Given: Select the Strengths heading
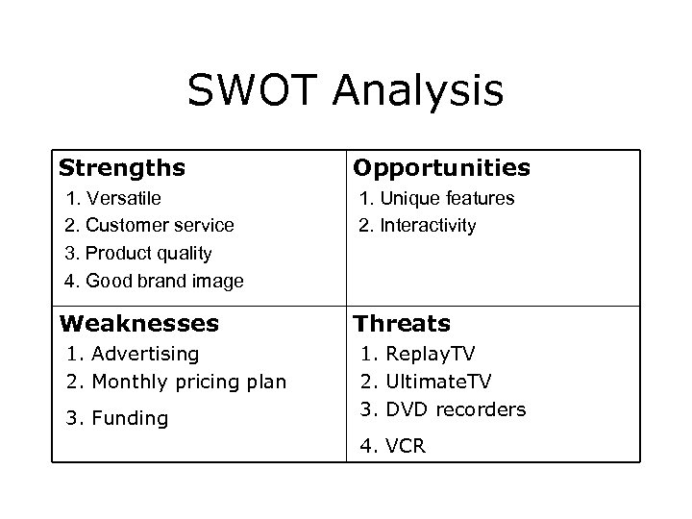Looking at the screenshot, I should pyautogui.click(x=122, y=168).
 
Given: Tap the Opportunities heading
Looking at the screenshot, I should pyautogui.click(x=441, y=168).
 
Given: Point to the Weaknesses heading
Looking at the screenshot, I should pyautogui.click(x=138, y=324).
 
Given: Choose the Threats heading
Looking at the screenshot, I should pyautogui.click(x=402, y=324).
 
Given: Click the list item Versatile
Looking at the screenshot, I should pyautogui.click(x=112, y=198).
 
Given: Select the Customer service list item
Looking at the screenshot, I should pyautogui.click(x=149, y=226).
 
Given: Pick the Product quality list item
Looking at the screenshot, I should pyautogui.click(x=138, y=254).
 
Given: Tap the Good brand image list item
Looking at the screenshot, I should pyautogui.click(x=154, y=282).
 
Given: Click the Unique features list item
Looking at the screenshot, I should pyautogui.click(x=437, y=198).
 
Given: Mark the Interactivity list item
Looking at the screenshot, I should pyautogui.click(x=417, y=226).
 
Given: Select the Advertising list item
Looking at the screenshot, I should pyautogui.click(x=133, y=354).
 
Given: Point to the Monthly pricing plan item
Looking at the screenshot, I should pyautogui.click(x=176, y=382).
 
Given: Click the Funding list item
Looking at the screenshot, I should pyautogui.click(x=117, y=418).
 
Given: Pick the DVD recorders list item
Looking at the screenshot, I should pyautogui.click(x=443, y=409).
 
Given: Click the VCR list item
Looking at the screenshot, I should pyautogui.click(x=393, y=446).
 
